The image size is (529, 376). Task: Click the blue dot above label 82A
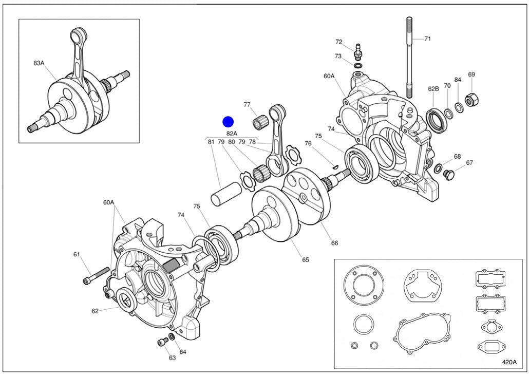click(228, 122)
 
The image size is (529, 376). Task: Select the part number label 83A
click(39, 63)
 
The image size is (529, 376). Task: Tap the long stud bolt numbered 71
click(409, 57)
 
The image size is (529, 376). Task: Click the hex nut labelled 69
click(469, 98)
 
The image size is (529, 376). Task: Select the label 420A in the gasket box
click(509, 361)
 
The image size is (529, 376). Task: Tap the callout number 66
click(334, 243)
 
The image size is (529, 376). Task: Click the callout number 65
click(305, 260)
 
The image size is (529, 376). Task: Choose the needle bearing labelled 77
click(261, 123)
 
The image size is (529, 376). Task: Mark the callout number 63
click(172, 358)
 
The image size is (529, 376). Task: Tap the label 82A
click(232, 134)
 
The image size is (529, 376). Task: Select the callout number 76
click(308, 143)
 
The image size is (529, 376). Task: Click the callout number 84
click(458, 80)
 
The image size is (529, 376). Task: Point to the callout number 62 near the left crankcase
click(95, 311)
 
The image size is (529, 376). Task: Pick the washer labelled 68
click(439, 168)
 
